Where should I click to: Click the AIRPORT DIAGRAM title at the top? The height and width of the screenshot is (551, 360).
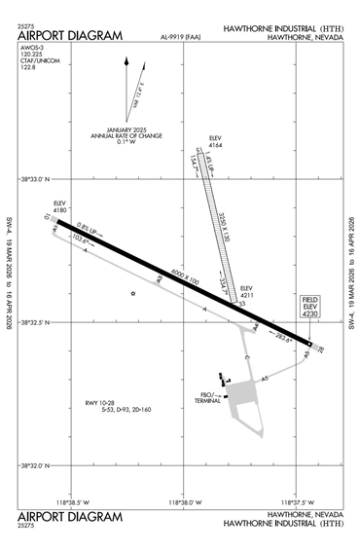click(x=69, y=36)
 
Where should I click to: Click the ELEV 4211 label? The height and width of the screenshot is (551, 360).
click(x=246, y=291)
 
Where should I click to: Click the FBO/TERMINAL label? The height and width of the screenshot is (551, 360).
click(x=208, y=397)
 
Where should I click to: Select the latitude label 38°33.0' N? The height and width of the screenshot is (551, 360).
click(x=35, y=179)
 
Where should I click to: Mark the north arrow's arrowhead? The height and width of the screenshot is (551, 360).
click(x=126, y=61)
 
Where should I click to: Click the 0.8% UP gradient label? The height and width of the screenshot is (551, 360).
click(x=88, y=227)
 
